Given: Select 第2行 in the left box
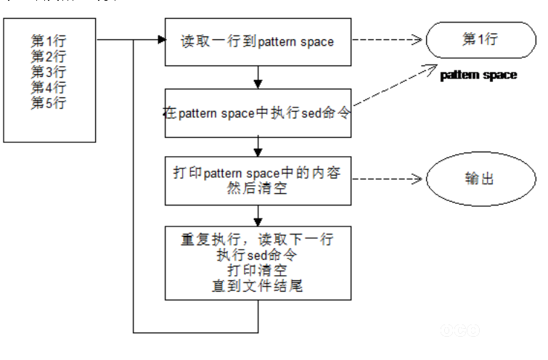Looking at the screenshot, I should click(49, 56).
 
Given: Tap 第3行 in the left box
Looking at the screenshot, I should click(49, 72).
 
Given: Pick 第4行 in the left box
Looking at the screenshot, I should click(49, 87).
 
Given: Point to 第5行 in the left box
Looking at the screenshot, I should click(49, 102).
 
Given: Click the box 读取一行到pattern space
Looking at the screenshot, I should click(258, 41).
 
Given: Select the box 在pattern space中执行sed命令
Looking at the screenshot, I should click(258, 113).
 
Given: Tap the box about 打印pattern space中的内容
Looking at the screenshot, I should click(258, 180).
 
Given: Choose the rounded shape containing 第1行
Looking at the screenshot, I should click(480, 40).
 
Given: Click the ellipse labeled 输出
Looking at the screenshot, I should click(479, 178).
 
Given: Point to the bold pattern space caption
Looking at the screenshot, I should click(479, 75).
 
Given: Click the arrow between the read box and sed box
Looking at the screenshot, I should click(258, 76).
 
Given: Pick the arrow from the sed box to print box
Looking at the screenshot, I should click(258, 147).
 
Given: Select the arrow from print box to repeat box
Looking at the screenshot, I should click(258, 215).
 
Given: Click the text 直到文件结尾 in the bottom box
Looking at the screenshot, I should click(258, 286).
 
